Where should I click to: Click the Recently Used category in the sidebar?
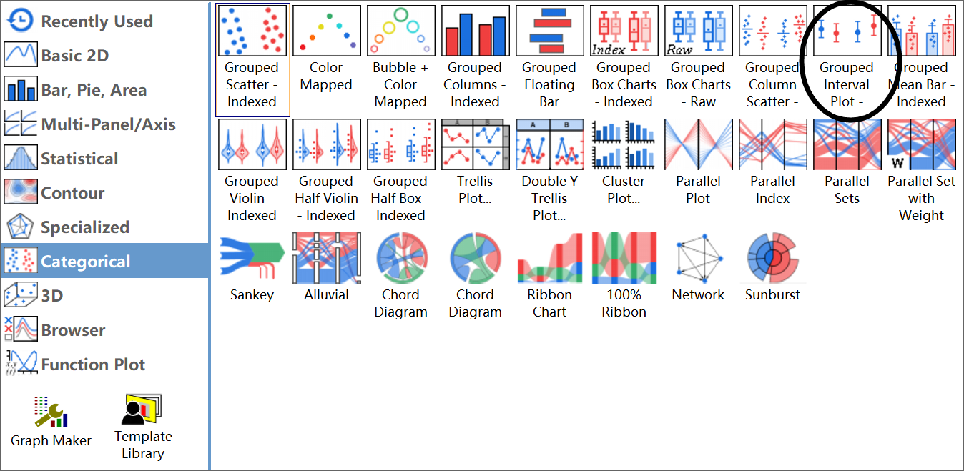coord(96,21)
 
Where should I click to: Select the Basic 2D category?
coord(74,56)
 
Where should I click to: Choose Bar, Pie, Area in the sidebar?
coord(93,90)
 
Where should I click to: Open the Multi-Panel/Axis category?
coord(107,124)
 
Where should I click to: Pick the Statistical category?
coord(79,159)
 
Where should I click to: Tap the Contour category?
coord(72,193)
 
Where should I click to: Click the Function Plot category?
coord(92,365)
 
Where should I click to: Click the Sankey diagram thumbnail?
coord(252,257)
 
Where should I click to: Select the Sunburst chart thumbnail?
coord(772,257)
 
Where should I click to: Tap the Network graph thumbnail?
coord(698,257)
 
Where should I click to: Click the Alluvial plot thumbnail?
coord(326,257)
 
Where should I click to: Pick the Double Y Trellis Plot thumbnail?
coord(549,144)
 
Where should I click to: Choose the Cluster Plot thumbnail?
coord(624,144)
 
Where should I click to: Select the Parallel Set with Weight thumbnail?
coord(921,144)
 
